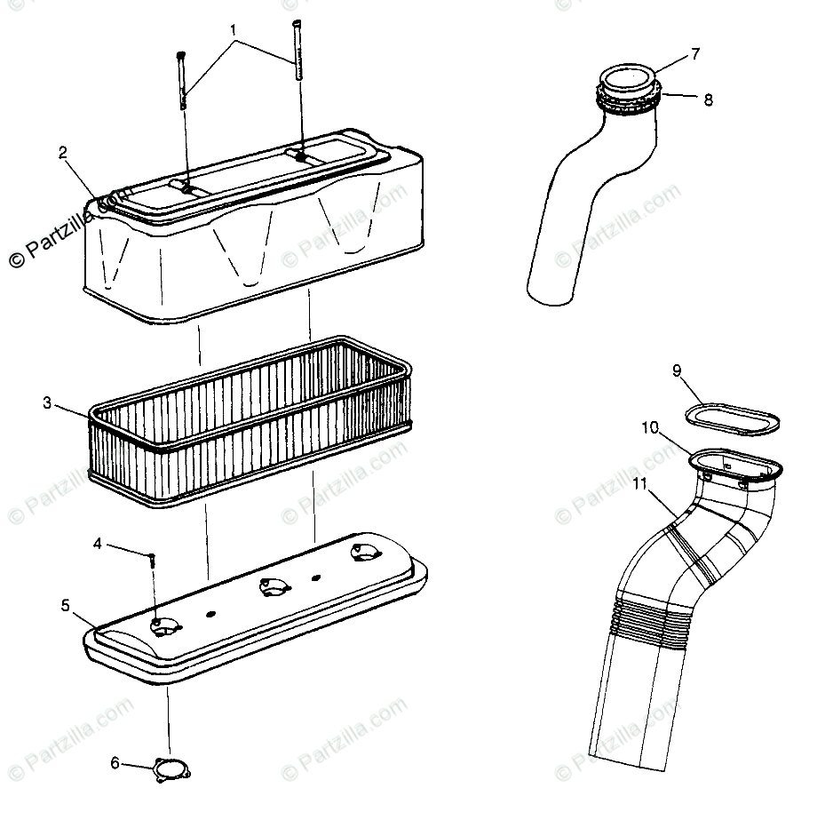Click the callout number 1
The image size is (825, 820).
click(x=234, y=29)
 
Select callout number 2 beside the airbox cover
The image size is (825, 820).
click(x=63, y=152)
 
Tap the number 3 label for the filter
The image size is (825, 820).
click(x=47, y=403)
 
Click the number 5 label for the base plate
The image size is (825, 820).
click(x=65, y=605)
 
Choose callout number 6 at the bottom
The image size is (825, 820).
click(x=115, y=762)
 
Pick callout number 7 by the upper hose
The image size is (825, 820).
click(x=695, y=54)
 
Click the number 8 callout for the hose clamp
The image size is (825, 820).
click(x=708, y=100)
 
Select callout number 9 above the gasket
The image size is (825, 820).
click(x=676, y=370)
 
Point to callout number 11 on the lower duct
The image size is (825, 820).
click(x=640, y=484)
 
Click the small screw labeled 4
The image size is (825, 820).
click(x=153, y=560)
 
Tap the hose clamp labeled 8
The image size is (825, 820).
click(x=630, y=100)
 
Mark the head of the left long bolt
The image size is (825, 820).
click(x=181, y=55)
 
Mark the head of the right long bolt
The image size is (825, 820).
click(x=296, y=24)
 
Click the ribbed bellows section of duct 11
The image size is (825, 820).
click(x=653, y=613)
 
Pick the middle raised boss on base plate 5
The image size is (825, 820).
click(x=268, y=587)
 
